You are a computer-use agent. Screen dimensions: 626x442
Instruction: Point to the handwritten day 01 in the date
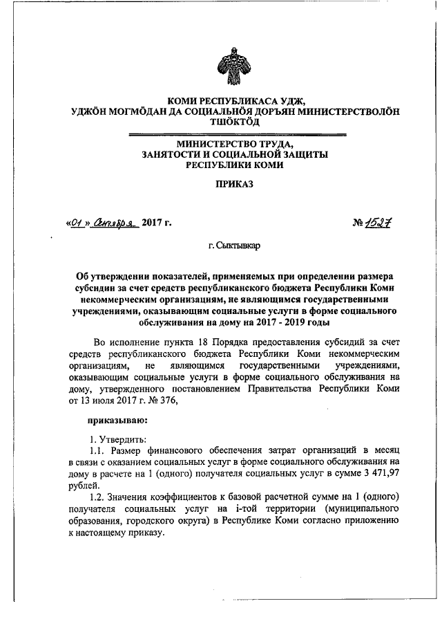tap(77, 223)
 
